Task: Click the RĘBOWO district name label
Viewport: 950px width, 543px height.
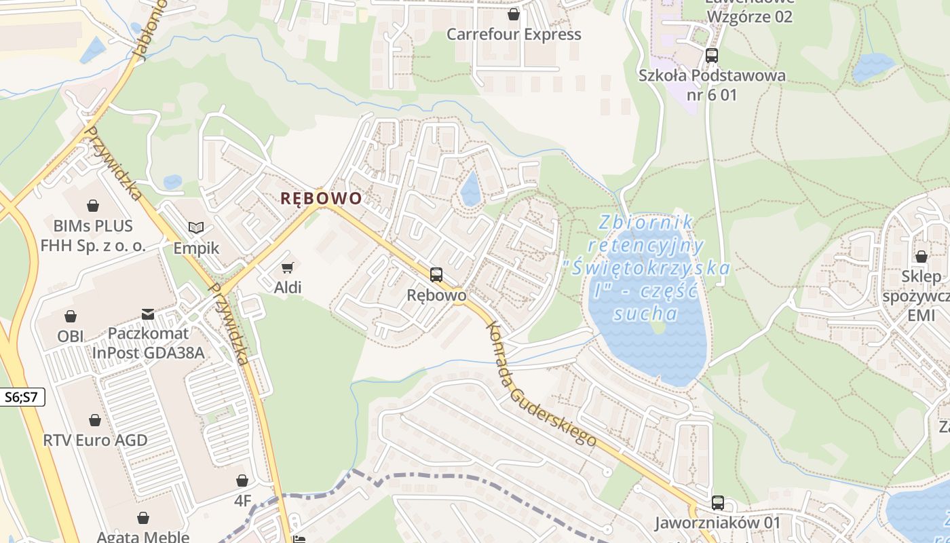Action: click(x=321, y=198)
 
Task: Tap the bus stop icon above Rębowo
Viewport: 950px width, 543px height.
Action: click(x=436, y=275)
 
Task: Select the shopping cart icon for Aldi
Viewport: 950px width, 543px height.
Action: click(x=288, y=267)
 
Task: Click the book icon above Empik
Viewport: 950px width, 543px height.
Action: click(x=196, y=228)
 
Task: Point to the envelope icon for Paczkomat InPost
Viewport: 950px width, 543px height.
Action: click(x=148, y=314)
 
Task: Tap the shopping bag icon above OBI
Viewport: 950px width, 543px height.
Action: click(x=71, y=316)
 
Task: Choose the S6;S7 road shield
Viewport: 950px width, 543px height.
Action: click(x=22, y=398)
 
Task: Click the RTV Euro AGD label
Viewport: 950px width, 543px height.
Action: click(x=95, y=440)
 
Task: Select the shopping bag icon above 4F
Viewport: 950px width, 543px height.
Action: click(x=242, y=481)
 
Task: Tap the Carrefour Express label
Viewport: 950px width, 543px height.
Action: click(x=514, y=34)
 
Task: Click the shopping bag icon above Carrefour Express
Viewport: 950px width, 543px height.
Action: click(x=514, y=14)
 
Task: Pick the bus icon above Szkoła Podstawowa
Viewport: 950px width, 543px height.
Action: click(x=712, y=56)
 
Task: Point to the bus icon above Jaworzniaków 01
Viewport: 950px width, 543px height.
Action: click(x=718, y=503)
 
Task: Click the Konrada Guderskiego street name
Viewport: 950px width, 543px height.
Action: click(x=541, y=383)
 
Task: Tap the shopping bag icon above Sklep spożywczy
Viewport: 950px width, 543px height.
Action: click(x=921, y=257)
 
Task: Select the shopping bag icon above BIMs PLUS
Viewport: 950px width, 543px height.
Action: click(x=93, y=205)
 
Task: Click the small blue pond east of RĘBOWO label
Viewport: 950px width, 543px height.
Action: click(x=470, y=189)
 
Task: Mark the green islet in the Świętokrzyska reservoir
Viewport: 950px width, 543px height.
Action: click(x=657, y=327)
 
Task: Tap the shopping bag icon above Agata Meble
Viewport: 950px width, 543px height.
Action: click(x=143, y=519)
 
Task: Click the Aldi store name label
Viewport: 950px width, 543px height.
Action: click(x=288, y=287)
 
